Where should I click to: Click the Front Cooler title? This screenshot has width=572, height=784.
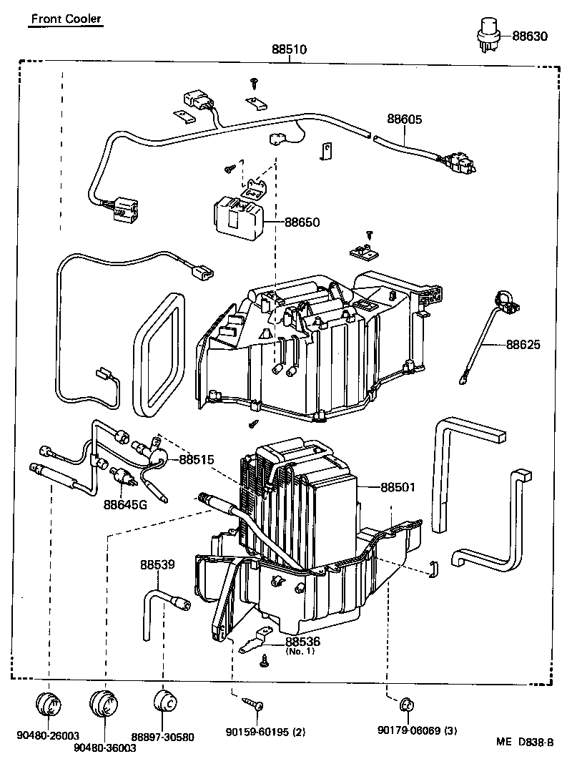[x=65, y=19]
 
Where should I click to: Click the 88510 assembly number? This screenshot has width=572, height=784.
[x=289, y=50]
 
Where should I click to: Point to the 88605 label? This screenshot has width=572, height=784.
[x=405, y=119]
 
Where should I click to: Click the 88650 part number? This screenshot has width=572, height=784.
[x=302, y=222]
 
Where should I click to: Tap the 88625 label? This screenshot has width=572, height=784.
[x=523, y=344]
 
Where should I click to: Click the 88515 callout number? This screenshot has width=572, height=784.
[x=197, y=459]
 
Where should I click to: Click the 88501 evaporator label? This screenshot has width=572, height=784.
[x=398, y=487]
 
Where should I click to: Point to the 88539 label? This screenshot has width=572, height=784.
[x=157, y=564]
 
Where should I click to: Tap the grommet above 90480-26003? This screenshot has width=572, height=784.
[x=49, y=704]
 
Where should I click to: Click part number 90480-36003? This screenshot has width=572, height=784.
[x=105, y=748]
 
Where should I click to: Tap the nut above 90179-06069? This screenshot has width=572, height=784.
[x=405, y=705]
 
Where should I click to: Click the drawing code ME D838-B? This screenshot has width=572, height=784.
[x=526, y=742]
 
